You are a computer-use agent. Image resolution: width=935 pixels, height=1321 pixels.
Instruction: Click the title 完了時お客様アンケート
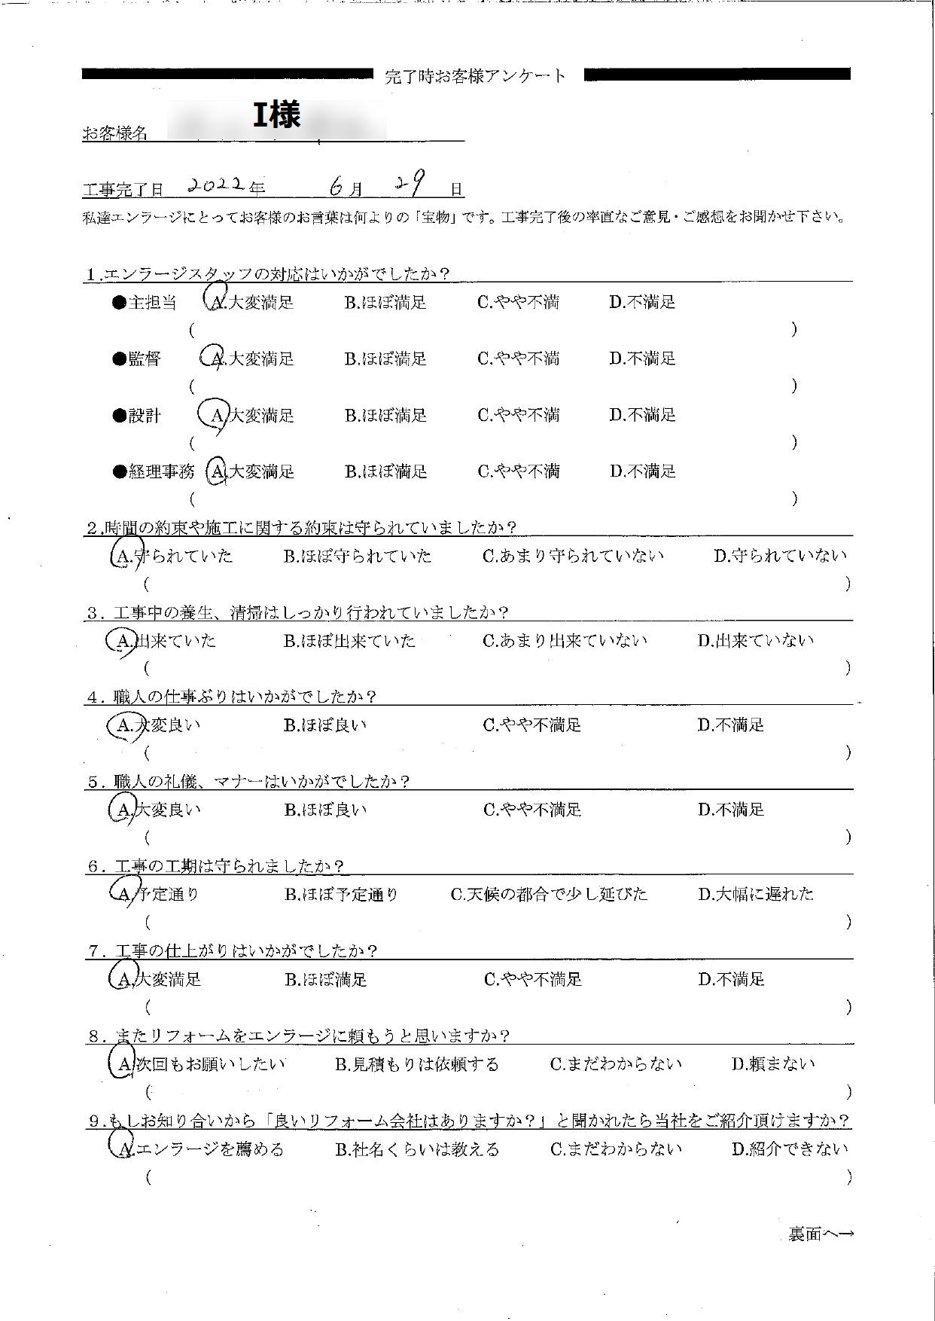point(475,76)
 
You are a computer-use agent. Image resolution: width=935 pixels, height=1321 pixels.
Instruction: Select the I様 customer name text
point(276,115)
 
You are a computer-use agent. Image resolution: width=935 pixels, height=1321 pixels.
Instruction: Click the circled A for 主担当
point(217,301)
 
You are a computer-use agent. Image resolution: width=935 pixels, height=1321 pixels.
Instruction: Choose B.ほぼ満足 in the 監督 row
point(385,359)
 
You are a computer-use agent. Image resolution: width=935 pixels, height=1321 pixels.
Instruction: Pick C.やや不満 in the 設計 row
point(518,415)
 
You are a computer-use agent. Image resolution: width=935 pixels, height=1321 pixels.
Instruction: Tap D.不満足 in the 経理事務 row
point(643,471)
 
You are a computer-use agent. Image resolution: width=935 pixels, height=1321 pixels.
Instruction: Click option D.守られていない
point(780,557)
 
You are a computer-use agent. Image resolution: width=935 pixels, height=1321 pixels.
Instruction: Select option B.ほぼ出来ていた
point(349,641)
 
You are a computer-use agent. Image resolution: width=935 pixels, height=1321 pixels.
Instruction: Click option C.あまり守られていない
point(573,557)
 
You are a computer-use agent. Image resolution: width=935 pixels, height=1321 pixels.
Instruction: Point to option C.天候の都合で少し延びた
point(549,895)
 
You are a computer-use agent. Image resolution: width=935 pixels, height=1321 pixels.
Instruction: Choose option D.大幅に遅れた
point(755,895)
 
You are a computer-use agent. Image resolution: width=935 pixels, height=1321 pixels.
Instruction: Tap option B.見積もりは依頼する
point(416,1064)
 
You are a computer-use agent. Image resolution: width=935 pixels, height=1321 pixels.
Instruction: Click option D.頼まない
point(773,1064)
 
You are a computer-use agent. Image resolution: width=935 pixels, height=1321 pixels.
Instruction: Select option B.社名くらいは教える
point(416,1149)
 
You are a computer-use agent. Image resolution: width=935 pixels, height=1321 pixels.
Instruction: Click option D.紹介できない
point(789,1149)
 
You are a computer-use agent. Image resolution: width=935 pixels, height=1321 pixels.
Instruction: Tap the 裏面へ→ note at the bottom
point(821,1234)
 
